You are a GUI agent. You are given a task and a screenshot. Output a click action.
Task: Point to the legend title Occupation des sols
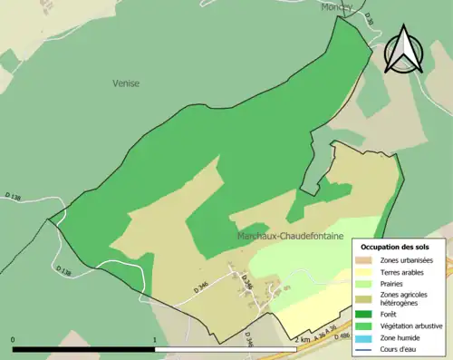(399, 247)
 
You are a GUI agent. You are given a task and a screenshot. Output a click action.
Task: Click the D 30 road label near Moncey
(368, 18)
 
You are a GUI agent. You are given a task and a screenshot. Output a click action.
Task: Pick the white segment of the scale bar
(226, 349)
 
